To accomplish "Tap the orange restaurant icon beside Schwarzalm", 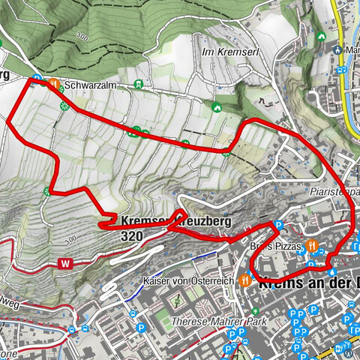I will click(54, 84).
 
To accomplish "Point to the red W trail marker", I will click(67, 263).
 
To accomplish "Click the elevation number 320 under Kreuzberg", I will click(130, 235).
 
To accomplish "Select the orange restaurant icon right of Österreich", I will click(245, 280).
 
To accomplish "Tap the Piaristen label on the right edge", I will click(330, 192).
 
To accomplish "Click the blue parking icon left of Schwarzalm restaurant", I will click(36, 77).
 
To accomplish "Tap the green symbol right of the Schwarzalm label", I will click(137, 85).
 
